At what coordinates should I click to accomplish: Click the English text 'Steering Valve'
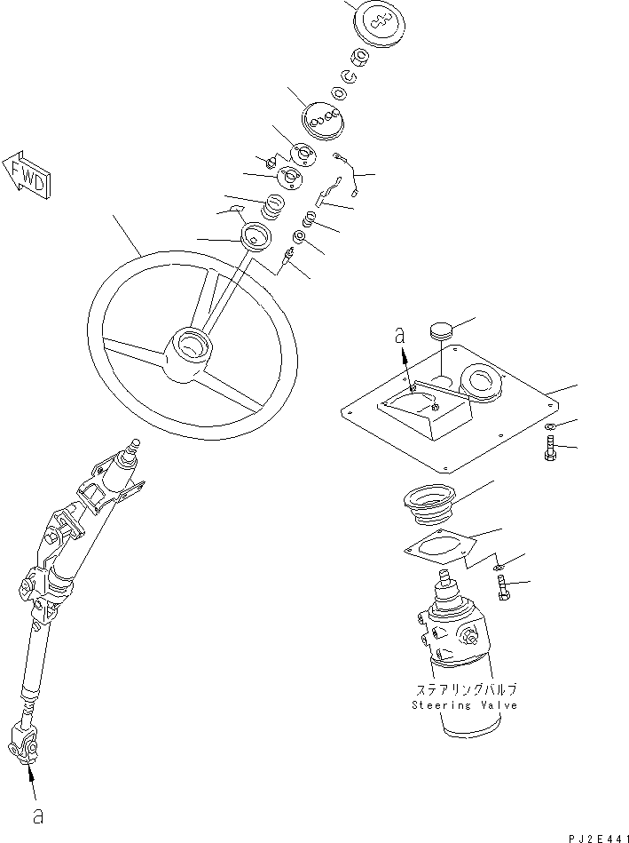[464, 705]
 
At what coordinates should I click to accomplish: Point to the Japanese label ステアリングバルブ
[464, 689]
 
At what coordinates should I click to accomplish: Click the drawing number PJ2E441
[598, 836]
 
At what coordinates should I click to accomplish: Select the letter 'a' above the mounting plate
[399, 336]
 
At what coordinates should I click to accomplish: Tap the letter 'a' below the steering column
[37, 815]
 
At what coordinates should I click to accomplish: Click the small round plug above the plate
[441, 331]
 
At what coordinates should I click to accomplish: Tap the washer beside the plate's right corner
[550, 428]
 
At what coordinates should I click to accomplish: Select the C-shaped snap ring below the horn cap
[350, 77]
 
